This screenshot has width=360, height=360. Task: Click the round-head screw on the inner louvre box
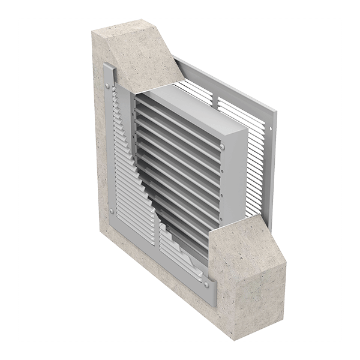tap(223, 146)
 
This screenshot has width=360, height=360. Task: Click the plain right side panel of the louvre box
tap(235, 174)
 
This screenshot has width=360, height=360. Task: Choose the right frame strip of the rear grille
tap(273, 168)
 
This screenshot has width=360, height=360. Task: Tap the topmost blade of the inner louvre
tap(174, 108)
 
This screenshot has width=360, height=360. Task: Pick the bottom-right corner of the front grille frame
tap(211, 300)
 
